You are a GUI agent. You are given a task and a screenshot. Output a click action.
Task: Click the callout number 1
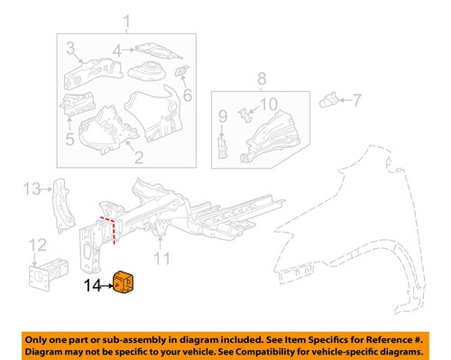click(x=127, y=22)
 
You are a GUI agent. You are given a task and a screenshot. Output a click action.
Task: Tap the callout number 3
click(x=69, y=45)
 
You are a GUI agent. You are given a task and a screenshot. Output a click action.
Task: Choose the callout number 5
click(x=69, y=138)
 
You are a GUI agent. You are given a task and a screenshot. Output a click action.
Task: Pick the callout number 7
click(x=355, y=99)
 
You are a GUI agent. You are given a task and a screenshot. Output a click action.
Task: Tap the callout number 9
click(x=222, y=116)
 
